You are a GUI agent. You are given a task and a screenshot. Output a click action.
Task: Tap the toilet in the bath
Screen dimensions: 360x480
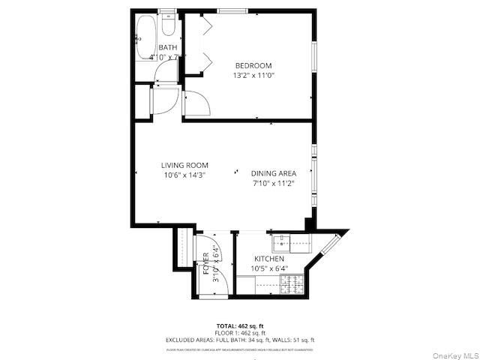(x=169, y=28)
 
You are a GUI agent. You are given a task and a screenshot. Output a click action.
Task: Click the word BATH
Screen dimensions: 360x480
(x=167, y=48)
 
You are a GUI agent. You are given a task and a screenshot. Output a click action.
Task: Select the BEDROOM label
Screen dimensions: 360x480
(x=253, y=65)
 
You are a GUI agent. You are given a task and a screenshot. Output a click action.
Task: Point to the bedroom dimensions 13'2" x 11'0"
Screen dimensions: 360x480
(x=253, y=75)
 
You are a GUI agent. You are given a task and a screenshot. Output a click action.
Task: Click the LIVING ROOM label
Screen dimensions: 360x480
(x=184, y=165)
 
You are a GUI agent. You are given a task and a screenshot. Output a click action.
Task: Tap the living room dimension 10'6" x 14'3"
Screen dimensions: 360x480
(x=184, y=175)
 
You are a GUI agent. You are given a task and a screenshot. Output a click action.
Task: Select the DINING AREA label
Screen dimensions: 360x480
(x=273, y=172)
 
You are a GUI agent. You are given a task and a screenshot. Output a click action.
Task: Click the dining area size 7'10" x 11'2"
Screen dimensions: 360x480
(x=273, y=182)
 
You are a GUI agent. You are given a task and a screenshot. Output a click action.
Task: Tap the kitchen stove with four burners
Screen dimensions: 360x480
(x=289, y=284)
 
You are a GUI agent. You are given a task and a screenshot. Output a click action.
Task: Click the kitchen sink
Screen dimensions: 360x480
(x=283, y=241)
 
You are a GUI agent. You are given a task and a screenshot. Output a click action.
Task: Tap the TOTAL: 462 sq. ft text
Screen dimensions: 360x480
(x=239, y=325)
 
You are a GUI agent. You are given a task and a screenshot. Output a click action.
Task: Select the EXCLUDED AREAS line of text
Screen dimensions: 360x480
(x=239, y=340)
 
